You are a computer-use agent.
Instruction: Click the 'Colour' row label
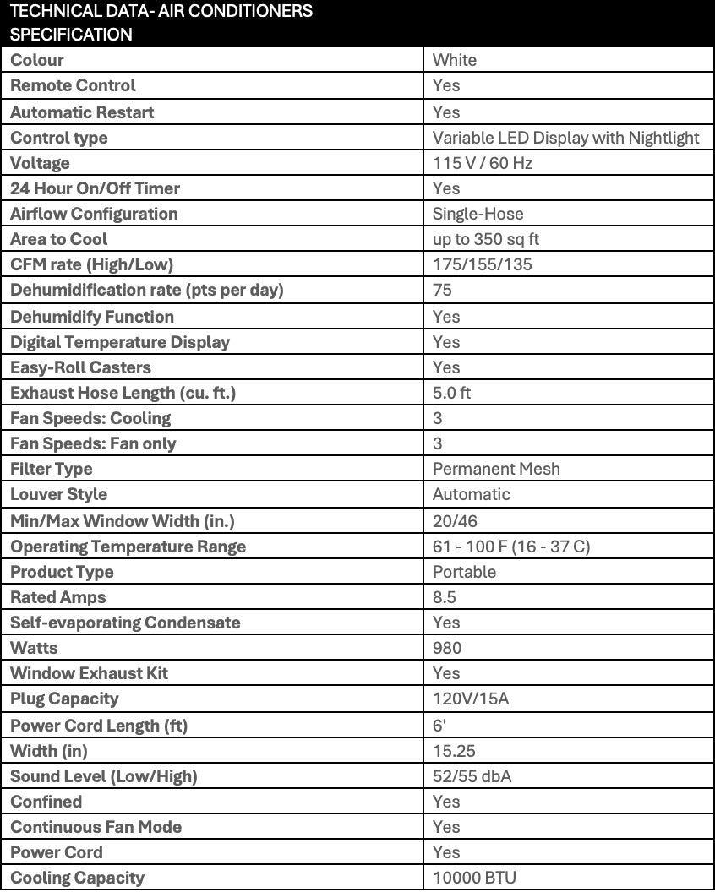[x=37, y=60]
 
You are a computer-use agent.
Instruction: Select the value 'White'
[x=455, y=60]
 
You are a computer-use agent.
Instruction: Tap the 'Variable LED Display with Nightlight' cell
[x=566, y=138]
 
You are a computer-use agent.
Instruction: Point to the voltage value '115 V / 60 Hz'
[x=483, y=163]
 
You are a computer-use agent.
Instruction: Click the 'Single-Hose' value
[x=478, y=214]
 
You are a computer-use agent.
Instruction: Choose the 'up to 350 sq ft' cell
[x=486, y=239]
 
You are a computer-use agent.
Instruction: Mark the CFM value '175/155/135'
[x=483, y=264]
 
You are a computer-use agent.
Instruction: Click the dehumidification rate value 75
[x=443, y=290]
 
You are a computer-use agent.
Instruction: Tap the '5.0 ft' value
[x=452, y=393]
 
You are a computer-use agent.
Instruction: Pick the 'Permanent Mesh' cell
[x=496, y=469]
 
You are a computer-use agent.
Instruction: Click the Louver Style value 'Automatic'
[x=472, y=494]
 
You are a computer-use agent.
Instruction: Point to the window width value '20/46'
[x=455, y=521]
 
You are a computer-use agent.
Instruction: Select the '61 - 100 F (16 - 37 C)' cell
[x=511, y=547]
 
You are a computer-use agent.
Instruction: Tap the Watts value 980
[x=447, y=648]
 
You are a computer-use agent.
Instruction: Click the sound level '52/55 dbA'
[x=472, y=776]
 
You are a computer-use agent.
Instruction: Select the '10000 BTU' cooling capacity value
[x=474, y=878]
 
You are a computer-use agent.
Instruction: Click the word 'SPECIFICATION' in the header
[x=72, y=35]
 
